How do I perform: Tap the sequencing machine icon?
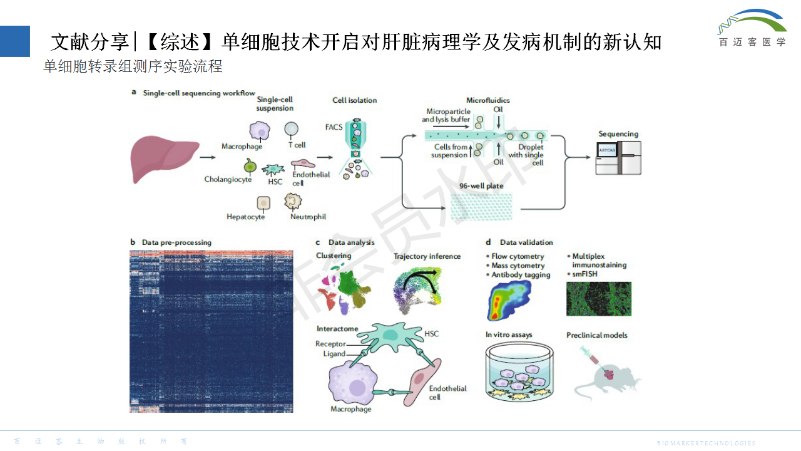pos(618,157)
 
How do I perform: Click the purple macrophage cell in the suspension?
pos(260,131)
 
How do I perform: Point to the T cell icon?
pos(292,128)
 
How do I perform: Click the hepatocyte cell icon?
pos(263,203)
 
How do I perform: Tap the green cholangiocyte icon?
pos(250,166)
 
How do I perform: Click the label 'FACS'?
pos(334,127)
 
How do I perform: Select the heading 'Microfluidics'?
pos(488,100)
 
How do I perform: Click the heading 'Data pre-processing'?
pos(176,242)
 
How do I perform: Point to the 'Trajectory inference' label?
pos(427,256)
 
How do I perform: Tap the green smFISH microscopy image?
pos(598,298)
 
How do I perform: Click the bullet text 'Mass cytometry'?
pos(518,266)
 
